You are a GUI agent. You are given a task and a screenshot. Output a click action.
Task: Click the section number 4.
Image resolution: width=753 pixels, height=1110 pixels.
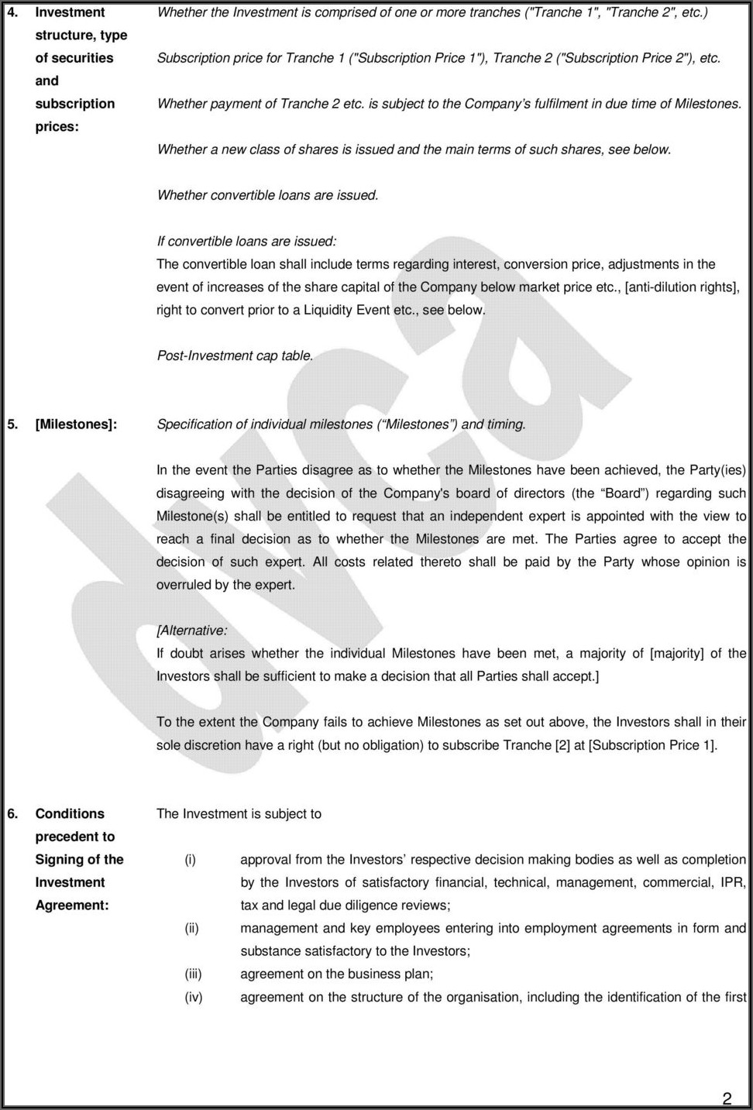(12, 12)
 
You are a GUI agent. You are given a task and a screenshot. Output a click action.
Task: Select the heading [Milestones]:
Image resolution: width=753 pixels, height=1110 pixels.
(76, 424)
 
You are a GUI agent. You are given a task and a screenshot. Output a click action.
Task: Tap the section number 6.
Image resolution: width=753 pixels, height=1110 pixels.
(12, 814)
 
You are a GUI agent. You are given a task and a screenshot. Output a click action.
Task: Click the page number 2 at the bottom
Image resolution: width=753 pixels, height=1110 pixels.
(727, 1098)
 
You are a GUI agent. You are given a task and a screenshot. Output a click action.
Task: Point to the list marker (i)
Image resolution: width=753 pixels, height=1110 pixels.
(190, 860)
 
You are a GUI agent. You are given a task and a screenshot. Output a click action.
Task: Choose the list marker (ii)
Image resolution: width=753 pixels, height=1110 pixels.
(191, 929)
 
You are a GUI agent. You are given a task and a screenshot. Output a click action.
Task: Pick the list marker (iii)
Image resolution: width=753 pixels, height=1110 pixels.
(193, 974)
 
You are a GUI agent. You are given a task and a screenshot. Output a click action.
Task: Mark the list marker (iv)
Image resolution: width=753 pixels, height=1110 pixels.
(193, 998)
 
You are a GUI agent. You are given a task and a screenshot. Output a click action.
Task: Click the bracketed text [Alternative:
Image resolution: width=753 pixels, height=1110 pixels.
(192, 631)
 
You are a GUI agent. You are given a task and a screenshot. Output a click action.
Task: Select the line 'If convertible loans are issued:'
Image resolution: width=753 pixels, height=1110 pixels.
(246, 242)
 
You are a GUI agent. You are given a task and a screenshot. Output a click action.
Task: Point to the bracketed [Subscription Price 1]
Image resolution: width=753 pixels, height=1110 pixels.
(652, 745)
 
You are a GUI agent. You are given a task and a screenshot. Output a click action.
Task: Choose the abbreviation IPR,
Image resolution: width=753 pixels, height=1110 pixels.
(733, 882)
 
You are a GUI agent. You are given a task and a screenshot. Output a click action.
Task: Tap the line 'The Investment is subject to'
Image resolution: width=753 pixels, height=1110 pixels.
(239, 814)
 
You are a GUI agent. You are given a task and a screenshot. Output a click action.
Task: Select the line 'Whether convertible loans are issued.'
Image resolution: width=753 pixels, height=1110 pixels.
(268, 196)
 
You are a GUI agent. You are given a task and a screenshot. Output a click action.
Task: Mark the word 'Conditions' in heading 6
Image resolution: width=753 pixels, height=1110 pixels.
(70, 814)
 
